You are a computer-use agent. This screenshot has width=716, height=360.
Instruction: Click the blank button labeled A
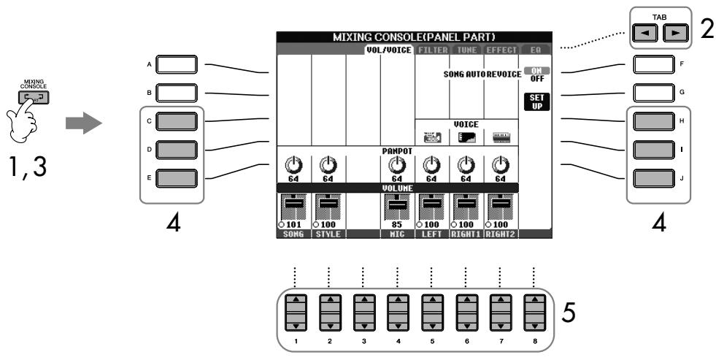(177, 64)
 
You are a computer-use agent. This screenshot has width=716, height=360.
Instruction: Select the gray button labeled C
(177, 119)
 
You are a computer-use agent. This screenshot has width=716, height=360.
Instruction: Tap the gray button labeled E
(177, 175)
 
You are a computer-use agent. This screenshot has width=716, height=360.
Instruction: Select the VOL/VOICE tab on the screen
(390, 50)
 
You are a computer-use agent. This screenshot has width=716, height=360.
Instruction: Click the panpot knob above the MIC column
(397, 166)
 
